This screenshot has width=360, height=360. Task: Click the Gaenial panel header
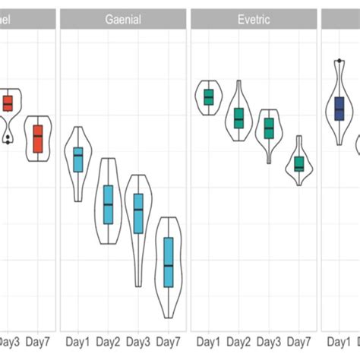[x=122, y=19]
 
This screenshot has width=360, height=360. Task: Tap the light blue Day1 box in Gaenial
[x=78, y=159]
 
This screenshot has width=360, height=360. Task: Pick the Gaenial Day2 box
[x=108, y=204]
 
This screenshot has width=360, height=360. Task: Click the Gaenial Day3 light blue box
[x=138, y=213]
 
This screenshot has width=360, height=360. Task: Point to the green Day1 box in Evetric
[x=209, y=97]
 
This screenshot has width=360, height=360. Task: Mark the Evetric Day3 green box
[x=269, y=128]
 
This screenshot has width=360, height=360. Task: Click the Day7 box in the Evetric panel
[x=299, y=164]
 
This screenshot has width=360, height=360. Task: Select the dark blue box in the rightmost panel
[x=339, y=108]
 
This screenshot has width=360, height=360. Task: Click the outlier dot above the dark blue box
[x=338, y=61]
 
